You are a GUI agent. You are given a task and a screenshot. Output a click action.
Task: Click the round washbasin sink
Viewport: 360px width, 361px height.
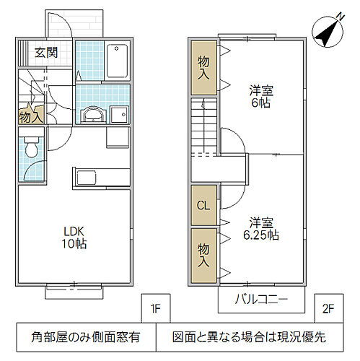(x=94, y=115)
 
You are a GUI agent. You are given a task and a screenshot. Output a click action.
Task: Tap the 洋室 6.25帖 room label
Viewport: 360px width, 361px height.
(x=264, y=228)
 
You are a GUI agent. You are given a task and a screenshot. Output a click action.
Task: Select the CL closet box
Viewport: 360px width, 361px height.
(x=203, y=205)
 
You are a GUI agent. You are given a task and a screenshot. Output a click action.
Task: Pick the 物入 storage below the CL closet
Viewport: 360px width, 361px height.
(x=204, y=255)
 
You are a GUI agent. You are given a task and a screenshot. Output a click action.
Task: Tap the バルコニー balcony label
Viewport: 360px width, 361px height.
(x=261, y=300)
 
